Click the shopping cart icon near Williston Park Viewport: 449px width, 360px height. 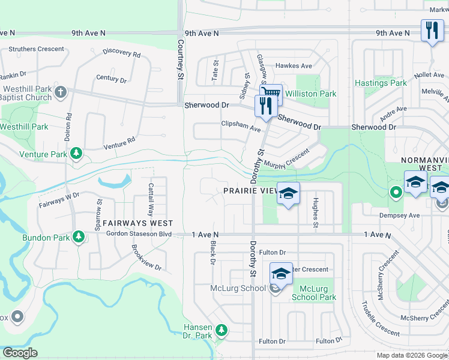(x=271, y=92)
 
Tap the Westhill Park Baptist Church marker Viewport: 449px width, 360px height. (x=60, y=92)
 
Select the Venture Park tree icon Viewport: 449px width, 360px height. (x=76, y=154)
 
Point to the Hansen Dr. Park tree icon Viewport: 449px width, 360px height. (x=221, y=330)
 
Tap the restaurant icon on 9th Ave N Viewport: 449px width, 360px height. (x=432, y=30)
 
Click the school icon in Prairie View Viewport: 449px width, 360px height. (x=288, y=194)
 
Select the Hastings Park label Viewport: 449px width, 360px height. (x=381, y=83)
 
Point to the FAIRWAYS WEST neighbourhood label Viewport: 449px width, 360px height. (x=138, y=223)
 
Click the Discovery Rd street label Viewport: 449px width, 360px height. (x=121, y=53)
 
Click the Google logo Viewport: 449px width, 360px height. (x=20, y=353)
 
